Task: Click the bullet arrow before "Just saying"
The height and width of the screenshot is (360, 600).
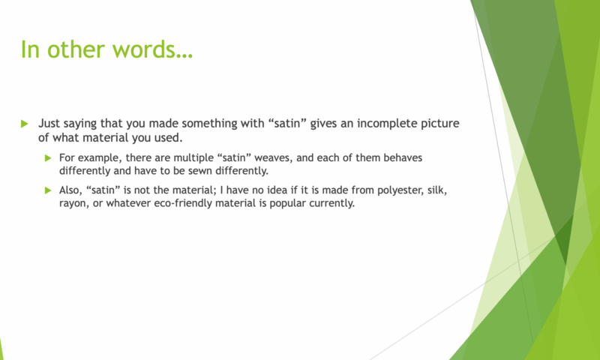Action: coord(25,124)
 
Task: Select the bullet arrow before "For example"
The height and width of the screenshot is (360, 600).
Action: coord(48,158)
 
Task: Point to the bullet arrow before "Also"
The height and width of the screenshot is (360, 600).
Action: coord(48,190)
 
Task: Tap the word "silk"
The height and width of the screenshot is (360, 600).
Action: coord(437,190)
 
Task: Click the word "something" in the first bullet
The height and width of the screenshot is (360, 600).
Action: coord(207,124)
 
